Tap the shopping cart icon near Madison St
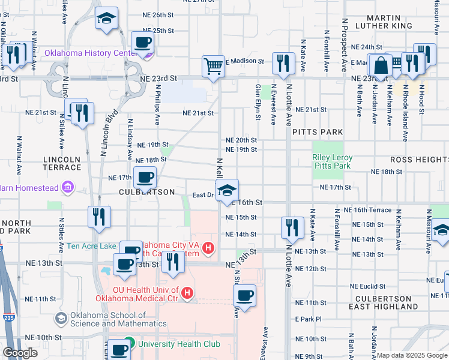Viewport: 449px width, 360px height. point(213,66)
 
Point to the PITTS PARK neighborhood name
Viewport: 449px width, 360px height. point(318,132)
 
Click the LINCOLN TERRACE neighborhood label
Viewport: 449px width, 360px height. point(62,163)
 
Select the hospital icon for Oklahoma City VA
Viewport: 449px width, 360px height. point(208,247)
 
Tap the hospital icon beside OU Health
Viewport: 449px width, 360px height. point(188,293)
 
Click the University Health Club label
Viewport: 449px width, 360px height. point(179,344)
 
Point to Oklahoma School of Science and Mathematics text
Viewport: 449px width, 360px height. point(109,319)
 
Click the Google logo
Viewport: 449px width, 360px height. point(20,353)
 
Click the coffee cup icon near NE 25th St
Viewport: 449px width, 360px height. point(142,43)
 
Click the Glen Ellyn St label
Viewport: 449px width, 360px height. point(258,102)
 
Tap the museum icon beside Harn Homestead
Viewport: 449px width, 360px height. point(67,188)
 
